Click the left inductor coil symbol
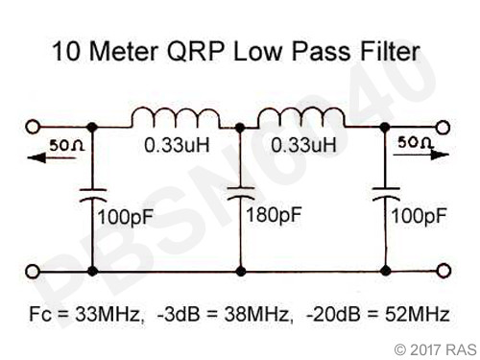[176, 117]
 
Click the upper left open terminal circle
[36, 127]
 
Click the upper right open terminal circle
[444, 127]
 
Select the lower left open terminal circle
[36, 272]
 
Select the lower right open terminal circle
[444, 272]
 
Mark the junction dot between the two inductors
[237, 127]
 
